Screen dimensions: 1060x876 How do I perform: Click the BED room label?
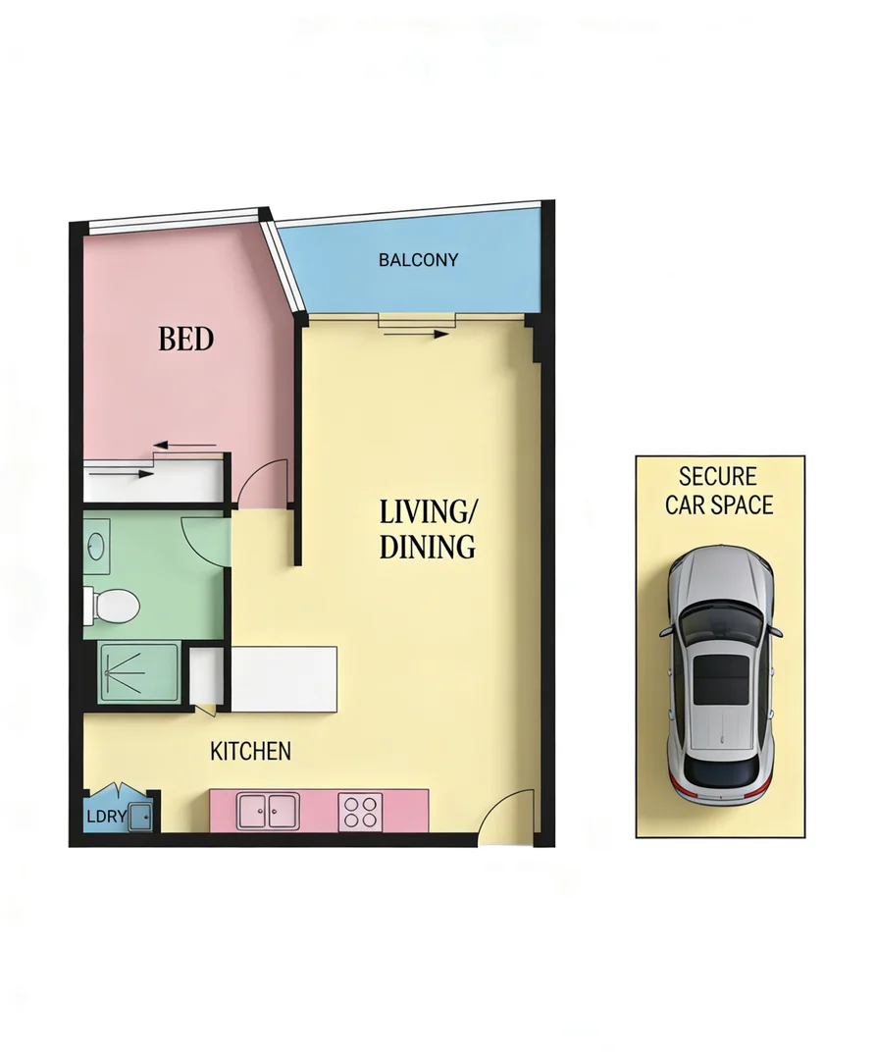[186, 340]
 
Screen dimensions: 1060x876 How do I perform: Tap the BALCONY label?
[419, 260]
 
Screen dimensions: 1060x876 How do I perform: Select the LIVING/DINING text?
[428, 529]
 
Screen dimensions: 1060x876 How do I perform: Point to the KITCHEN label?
[251, 752]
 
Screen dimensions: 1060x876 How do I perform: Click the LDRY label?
[106, 817]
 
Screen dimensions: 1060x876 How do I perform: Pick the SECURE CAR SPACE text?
[719, 491]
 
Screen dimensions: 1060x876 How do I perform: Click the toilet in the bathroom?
[113, 605]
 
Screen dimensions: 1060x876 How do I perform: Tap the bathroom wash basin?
[97, 546]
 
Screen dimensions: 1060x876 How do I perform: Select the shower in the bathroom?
[139, 671]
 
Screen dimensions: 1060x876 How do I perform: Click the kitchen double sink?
[267, 811]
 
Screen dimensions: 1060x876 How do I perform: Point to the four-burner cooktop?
[359, 812]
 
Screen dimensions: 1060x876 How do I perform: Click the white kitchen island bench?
[283, 678]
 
